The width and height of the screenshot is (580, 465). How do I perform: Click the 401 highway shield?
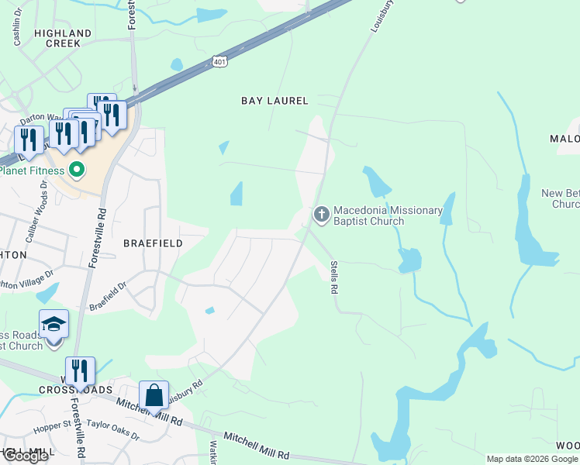click(220, 62)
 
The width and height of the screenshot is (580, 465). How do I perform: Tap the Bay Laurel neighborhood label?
click(274, 101)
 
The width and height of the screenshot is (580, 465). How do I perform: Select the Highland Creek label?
click(63, 38)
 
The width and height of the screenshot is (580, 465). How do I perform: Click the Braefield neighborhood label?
click(153, 243)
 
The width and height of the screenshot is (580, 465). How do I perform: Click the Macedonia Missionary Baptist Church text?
click(388, 215)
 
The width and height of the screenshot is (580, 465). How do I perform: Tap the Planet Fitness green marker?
click(77, 169)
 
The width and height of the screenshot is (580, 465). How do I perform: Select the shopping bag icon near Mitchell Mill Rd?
click(154, 394)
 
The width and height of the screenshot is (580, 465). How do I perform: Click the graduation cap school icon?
click(54, 323)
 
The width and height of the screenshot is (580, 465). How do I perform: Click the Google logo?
click(26, 456)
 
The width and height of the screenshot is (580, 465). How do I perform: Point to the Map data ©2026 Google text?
click(531, 459)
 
